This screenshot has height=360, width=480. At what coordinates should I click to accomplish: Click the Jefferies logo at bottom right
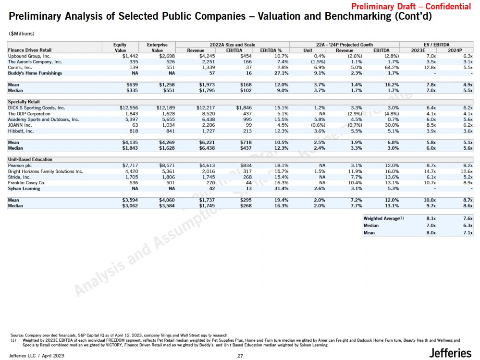coord(450,353)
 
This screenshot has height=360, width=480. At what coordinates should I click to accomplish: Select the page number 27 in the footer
coord(240,356)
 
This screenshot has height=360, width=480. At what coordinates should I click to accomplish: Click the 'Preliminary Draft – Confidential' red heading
coord(411,7)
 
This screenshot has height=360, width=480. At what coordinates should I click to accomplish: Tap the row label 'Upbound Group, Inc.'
coord(29,56)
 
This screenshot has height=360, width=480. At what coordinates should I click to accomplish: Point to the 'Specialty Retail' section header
coord(24,102)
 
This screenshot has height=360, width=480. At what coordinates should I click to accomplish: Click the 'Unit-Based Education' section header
coord(30,159)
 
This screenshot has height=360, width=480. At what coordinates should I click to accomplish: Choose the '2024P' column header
coord(455,50)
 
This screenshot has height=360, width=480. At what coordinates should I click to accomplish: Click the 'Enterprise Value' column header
coord(157,47)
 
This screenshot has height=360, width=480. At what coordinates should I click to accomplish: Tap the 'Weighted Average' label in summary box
coord(382,218)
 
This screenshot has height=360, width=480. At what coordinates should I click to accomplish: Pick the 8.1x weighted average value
coord(431,218)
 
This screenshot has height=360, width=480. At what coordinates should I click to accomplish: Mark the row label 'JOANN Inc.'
coord(20,125)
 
